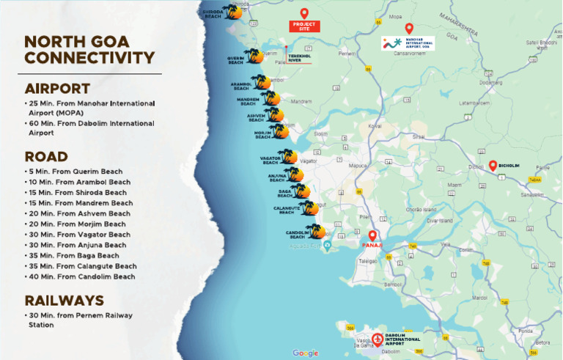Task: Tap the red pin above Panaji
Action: pos(372,236)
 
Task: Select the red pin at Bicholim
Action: pos(493,166)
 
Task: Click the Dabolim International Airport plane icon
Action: pos(378,340)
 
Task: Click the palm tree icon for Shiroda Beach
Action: pos(235,12)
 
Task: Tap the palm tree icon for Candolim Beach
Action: pos(316,232)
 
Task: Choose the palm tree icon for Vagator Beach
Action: pos(289,156)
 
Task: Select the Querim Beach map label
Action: pos(235,60)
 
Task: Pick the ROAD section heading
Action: pos(46,156)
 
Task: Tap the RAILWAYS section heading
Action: pos(64,300)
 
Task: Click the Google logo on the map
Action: pos(306,353)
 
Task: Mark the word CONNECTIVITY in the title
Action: pos(89,58)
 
